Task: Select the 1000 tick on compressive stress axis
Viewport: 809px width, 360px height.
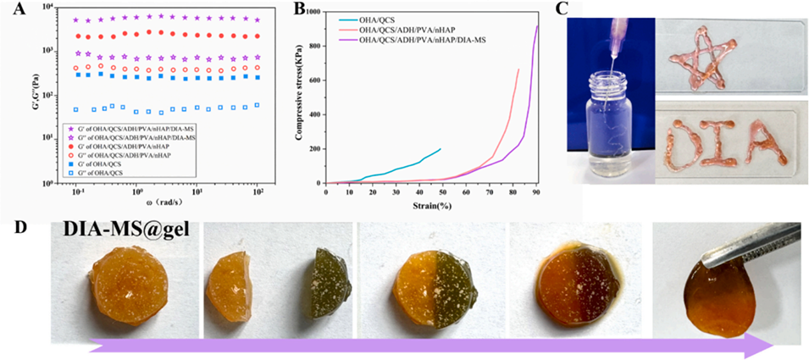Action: (316, 13)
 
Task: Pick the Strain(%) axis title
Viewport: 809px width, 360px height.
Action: (432, 203)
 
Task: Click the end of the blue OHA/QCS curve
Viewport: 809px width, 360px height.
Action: (441, 149)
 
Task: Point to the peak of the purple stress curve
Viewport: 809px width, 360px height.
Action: (537, 26)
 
